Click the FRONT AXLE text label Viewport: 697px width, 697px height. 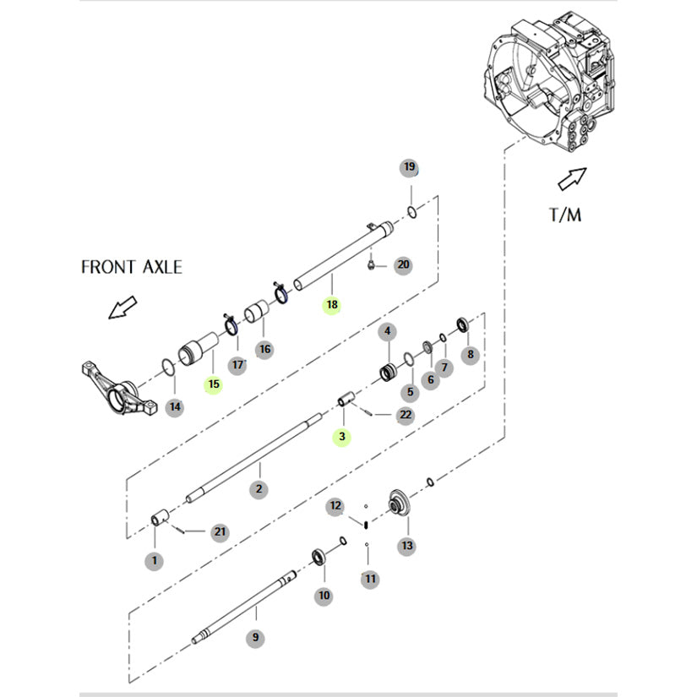click(x=131, y=266)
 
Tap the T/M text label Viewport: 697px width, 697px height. click(x=564, y=214)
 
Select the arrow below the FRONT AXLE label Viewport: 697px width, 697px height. click(x=123, y=308)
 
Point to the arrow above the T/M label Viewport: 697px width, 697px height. click(x=572, y=179)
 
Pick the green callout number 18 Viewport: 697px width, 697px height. click(x=331, y=305)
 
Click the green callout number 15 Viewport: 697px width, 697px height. click(x=213, y=384)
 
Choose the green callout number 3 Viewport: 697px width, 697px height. click(x=341, y=437)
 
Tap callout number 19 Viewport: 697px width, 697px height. click(x=409, y=167)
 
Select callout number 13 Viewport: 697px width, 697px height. click(x=407, y=547)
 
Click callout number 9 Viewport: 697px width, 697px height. click(x=254, y=638)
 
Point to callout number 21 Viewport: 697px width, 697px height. click(x=220, y=531)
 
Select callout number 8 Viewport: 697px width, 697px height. click(x=471, y=356)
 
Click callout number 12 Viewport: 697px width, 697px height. click(x=336, y=506)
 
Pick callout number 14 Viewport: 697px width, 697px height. click(x=174, y=406)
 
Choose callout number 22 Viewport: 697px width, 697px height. click(x=406, y=414)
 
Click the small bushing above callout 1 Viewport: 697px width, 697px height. click(x=158, y=518)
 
